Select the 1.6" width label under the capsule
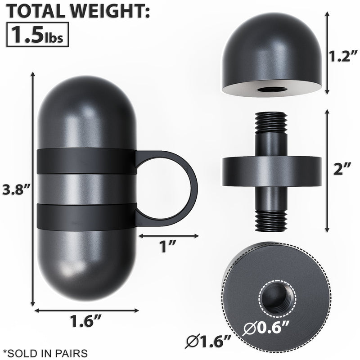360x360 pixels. (x=85, y=322)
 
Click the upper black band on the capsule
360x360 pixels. (x=85, y=161)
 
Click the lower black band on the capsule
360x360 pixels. (x=85, y=215)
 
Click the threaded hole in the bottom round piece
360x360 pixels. (x=277, y=299)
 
